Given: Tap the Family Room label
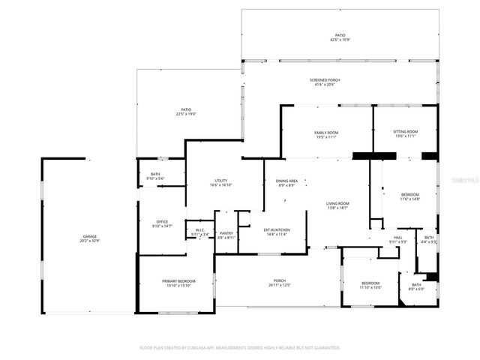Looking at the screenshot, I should [x=326, y=135].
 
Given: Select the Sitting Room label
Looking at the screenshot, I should [x=406, y=133].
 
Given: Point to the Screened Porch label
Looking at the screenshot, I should [x=325, y=82].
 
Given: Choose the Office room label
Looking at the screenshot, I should [x=162, y=223].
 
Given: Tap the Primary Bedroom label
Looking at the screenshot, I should [x=178, y=282].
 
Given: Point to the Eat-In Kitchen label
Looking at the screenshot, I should [x=277, y=232].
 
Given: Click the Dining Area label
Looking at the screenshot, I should [x=287, y=183].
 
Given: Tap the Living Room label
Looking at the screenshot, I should [x=337, y=205].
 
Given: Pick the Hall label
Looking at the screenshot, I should [x=397, y=239].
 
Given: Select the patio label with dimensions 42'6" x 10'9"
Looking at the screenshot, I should [x=340, y=37].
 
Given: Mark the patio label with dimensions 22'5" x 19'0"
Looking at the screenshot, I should [x=186, y=112].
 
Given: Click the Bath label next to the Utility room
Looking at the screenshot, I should [x=155, y=176].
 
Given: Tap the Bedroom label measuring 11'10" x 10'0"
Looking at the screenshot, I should [x=370, y=285].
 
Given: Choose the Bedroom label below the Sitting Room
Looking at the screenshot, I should [x=409, y=196].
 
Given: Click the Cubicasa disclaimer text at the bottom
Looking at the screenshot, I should [x=239, y=348].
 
